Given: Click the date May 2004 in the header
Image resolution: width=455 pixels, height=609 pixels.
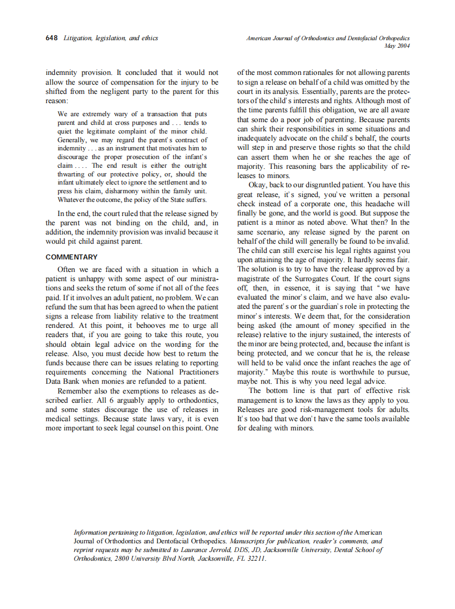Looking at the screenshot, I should pyautogui.click(x=396, y=46).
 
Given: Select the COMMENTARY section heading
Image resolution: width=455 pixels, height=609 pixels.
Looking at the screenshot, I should pyautogui.click(x=72, y=257).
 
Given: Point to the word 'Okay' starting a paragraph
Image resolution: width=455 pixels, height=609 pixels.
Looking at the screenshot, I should pyautogui.click(x=258, y=185).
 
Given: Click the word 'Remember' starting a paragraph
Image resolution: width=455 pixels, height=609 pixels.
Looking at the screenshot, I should pyautogui.click(x=74, y=391).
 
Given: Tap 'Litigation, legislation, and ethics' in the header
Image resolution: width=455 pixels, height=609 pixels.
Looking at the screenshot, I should pyautogui.click(x=110, y=38).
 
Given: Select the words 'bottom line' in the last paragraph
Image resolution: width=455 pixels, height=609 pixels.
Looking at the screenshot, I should pyautogui.click(x=293, y=391).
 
